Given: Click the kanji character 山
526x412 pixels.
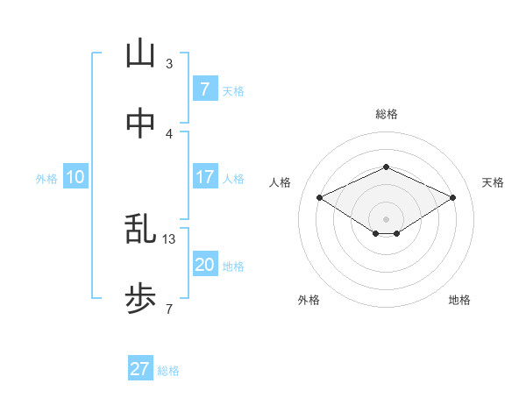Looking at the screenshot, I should [140, 54].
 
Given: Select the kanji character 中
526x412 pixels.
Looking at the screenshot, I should [140, 124].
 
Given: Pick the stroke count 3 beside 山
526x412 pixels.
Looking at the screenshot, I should [169, 63].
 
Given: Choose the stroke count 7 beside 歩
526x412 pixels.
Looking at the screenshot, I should [169, 309].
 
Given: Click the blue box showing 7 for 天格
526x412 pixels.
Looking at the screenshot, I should [204, 89].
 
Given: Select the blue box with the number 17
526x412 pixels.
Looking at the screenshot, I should [204, 177].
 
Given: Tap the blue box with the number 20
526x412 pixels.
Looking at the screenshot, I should [204, 265].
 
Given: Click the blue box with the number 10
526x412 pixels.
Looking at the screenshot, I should [75, 177].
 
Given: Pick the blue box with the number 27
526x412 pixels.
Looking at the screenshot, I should [139, 369].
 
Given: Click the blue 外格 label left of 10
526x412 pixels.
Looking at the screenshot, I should [46, 179].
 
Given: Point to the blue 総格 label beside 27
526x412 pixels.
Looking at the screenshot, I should [168, 371].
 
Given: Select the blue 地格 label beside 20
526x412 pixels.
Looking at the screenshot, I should [233, 266].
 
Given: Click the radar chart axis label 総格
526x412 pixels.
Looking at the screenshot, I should [386, 114].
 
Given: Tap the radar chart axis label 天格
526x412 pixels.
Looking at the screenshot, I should [493, 182].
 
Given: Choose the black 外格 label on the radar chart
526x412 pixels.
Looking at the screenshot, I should [309, 300].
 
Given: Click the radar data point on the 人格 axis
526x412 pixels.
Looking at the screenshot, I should [320, 197].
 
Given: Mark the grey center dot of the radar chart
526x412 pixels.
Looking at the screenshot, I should [386, 218].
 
